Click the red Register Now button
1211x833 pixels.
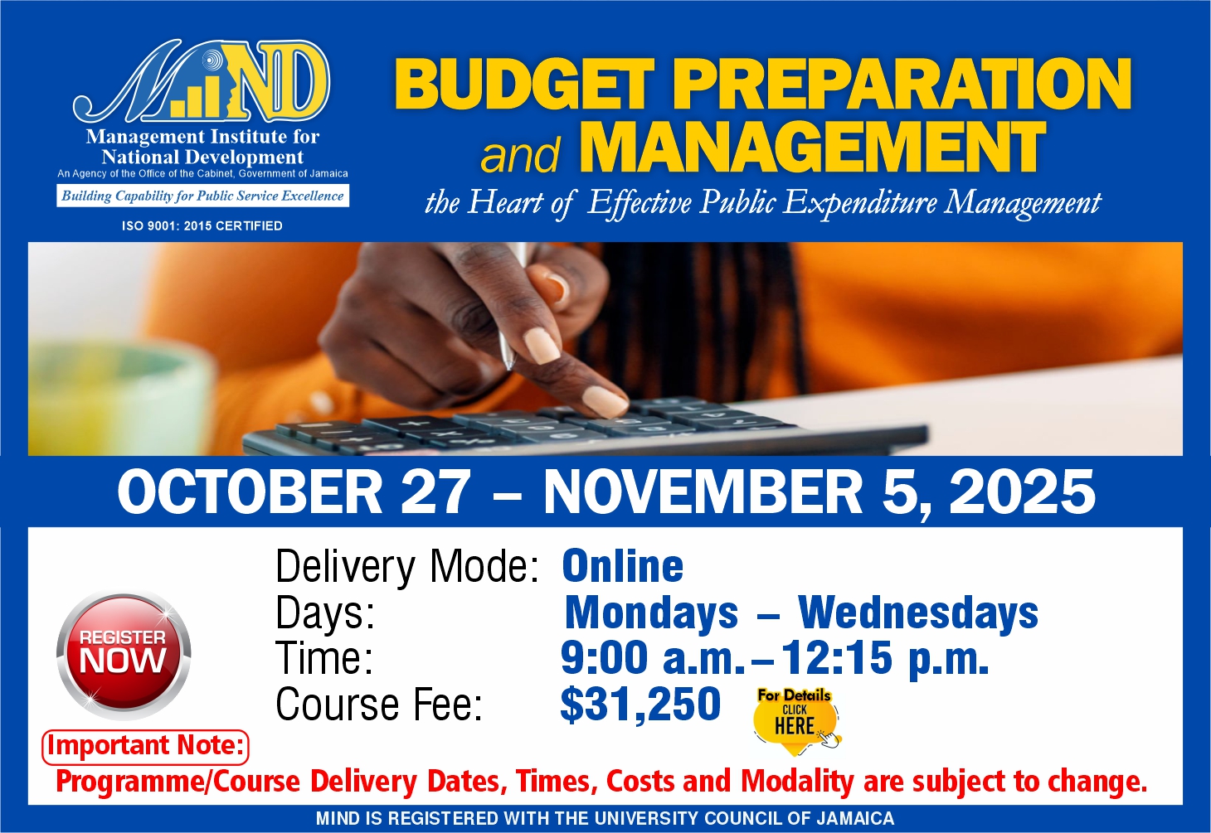click(124, 656)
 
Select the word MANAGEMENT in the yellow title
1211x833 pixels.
click(815, 147)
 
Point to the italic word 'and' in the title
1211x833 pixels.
click(519, 155)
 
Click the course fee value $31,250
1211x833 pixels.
click(640, 705)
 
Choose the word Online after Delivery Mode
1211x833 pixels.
click(623, 565)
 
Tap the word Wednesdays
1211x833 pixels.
click(918, 613)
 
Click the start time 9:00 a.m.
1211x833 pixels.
click(653, 658)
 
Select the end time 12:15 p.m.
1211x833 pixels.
click(885, 658)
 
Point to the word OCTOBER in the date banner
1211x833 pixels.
click(250, 492)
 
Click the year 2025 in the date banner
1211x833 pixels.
click(1023, 492)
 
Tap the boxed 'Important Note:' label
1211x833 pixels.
click(145, 747)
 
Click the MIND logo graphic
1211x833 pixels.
click(201, 81)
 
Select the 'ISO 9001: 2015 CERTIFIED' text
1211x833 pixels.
click(202, 225)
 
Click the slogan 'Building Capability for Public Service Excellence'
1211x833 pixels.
click(202, 196)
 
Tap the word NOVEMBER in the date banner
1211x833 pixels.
click(703, 492)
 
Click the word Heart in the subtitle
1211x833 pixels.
click(505, 202)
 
